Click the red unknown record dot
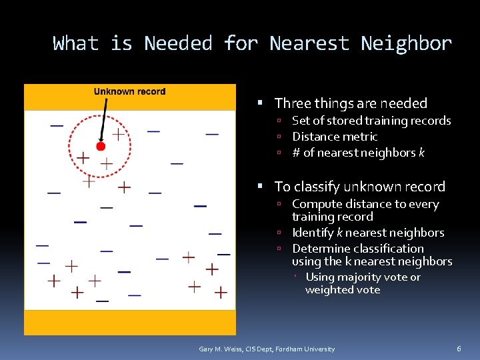coord(101,146)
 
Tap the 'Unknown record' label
coord(129,91)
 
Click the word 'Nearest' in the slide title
coord(309,44)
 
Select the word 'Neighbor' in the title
coord(407,44)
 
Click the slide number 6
coord(459,349)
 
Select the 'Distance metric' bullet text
coord(335,137)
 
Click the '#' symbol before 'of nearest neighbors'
coord(296,153)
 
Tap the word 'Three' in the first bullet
coord(290,103)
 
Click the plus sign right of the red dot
coord(118,135)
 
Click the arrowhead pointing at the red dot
coord(101,139)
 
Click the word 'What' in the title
coord(76,44)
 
